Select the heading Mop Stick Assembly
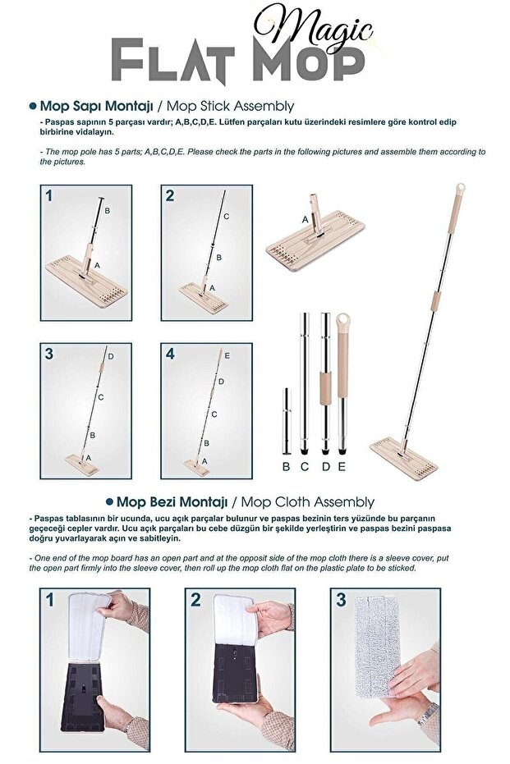(x=245, y=107)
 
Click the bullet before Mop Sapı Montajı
(x=32, y=107)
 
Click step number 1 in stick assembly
(x=50, y=196)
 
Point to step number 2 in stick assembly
(x=170, y=196)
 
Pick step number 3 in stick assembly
(x=50, y=354)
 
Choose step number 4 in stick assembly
(x=170, y=354)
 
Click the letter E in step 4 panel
(x=227, y=356)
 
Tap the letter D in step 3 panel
(x=110, y=356)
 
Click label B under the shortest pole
(x=286, y=466)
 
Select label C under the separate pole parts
(x=305, y=466)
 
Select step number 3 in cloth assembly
(x=341, y=600)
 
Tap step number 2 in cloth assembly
(x=195, y=600)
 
